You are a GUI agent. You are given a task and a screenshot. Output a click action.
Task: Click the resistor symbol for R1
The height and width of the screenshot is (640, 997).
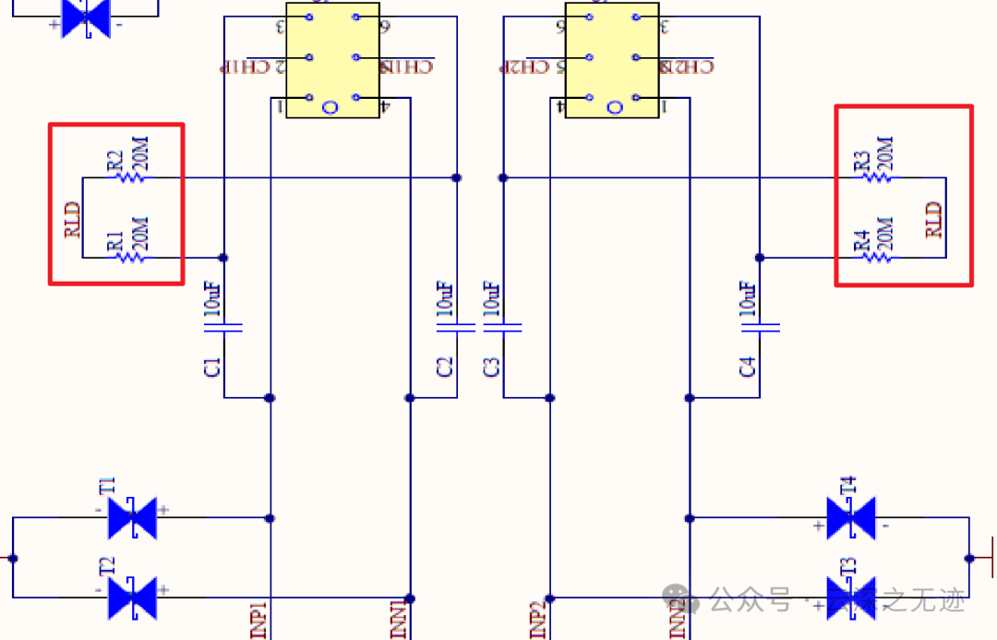[129, 258]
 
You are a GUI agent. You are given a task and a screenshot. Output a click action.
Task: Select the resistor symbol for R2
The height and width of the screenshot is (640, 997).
[129, 177]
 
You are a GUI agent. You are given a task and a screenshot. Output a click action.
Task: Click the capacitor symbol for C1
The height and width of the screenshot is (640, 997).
[223, 326]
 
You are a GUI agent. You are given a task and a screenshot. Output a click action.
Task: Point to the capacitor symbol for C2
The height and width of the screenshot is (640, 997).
[456, 326]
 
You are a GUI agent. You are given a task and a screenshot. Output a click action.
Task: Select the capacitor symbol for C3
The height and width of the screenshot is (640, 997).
[503, 326]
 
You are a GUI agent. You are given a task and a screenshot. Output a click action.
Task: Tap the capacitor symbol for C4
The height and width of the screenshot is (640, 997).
[760, 326]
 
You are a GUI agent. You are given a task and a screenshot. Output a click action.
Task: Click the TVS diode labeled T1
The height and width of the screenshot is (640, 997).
[132, 518]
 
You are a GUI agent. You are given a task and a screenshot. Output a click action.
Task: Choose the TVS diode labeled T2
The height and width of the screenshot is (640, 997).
[132, 598]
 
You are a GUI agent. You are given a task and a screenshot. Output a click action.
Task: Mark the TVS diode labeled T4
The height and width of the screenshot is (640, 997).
[850, 518]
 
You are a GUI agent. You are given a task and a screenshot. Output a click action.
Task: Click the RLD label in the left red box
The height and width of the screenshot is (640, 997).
[73, 220]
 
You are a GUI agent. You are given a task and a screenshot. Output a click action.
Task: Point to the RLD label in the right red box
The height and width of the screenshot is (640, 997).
[935, 220]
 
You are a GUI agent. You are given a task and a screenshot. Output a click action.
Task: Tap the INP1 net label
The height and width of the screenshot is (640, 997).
[258, 620]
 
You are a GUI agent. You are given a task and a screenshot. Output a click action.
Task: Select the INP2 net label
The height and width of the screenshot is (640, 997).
[538, 620]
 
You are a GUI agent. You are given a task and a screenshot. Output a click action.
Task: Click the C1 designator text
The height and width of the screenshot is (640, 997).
[212, 367]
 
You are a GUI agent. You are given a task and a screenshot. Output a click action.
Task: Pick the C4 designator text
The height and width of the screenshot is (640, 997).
[748, 367]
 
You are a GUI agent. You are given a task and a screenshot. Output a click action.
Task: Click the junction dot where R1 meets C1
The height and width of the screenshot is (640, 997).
[223, 258]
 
